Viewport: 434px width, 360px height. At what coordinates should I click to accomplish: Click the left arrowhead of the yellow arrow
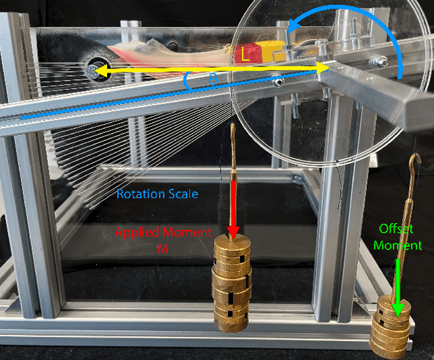click(x=97, y=69)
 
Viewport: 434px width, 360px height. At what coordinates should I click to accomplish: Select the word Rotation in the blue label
click(x=139, y=194)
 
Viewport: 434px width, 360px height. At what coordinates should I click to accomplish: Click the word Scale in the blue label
click(x=181, y=194)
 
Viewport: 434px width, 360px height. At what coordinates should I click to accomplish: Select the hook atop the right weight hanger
click(x=416, y=163)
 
